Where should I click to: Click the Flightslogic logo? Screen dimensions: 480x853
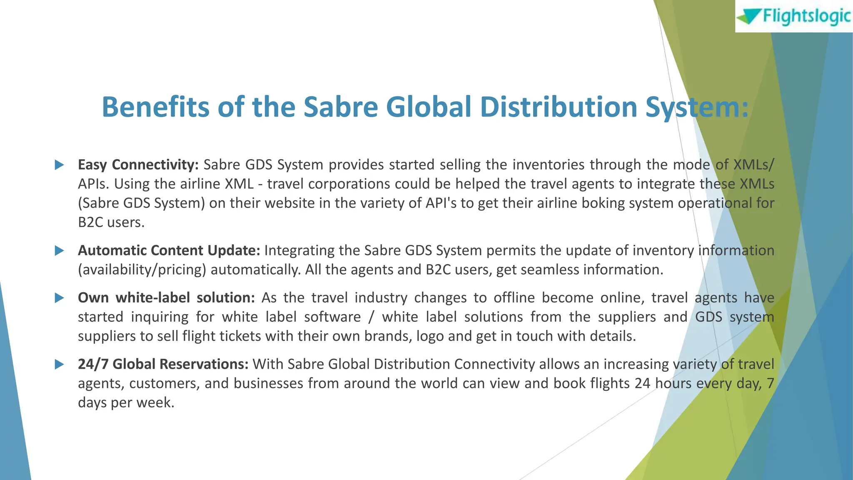[794, 16]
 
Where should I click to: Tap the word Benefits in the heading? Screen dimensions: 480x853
[156, 107]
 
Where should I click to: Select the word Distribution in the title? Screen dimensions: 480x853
[559, 107]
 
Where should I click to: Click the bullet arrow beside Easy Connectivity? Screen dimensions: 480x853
[60, 165]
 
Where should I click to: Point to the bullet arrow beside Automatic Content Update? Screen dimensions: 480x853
[60, 251]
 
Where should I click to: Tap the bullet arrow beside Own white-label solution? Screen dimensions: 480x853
[60, 298]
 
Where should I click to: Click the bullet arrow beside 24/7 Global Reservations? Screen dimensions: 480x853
[60, 365]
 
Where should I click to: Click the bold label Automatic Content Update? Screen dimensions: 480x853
[169, 250]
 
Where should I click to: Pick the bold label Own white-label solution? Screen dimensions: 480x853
[166, 298]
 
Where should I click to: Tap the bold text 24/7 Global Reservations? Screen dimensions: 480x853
[163, 365]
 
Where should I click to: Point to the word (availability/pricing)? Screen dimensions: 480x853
[142, 270]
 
